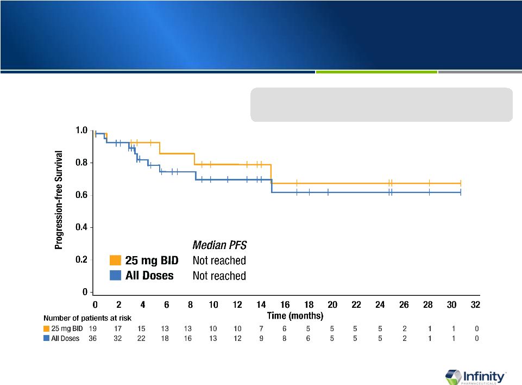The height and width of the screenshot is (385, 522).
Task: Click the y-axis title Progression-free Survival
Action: click(x=59, y=200)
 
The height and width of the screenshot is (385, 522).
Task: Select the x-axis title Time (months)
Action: click(x=295, y=315)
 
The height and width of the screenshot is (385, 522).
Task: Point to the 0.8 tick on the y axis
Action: click(x=82, y=163)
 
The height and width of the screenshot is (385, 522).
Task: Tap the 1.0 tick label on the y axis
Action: click(x=82, y=131)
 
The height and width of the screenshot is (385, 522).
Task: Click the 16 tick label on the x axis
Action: click(x=285, y=304)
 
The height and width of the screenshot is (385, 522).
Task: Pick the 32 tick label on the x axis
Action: click(x=475, y=304)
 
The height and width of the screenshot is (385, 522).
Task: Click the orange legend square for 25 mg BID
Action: click(x=115, y=260)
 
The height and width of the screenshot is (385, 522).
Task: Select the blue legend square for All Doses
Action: click(x=115, y=276)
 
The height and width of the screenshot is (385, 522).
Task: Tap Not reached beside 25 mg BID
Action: click(x=219, y=260)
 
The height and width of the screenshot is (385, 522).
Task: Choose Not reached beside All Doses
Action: click(x=219, y=276)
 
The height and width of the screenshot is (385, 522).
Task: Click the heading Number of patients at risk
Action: click(x=87, y=317)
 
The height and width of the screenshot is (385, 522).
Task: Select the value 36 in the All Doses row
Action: click(x=93, y=338)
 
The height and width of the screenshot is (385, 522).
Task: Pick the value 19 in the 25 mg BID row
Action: click(x=93, y=328)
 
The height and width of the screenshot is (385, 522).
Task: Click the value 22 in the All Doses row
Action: click(x=141, y=338)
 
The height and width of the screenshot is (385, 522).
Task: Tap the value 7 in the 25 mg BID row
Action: click(x=261, y=328)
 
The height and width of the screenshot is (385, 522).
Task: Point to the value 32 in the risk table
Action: click(x=117, y=338)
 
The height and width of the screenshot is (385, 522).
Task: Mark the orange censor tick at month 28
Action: click(x=429, y=183)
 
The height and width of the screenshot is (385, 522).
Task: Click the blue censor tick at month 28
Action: click(x=429, y=192)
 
